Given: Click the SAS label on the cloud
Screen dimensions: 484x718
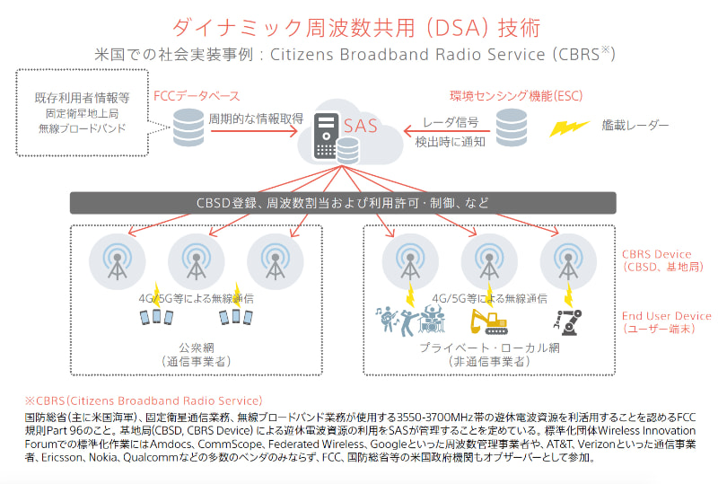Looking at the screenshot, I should tap(360, 126).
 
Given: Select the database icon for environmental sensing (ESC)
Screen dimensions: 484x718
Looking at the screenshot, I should tap(512, 127).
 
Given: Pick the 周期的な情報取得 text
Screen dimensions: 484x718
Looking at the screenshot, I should tap(256, 118).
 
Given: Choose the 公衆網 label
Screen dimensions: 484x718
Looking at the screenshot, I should tap(196, 347).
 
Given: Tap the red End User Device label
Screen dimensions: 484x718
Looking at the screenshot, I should tap(666, 316).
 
